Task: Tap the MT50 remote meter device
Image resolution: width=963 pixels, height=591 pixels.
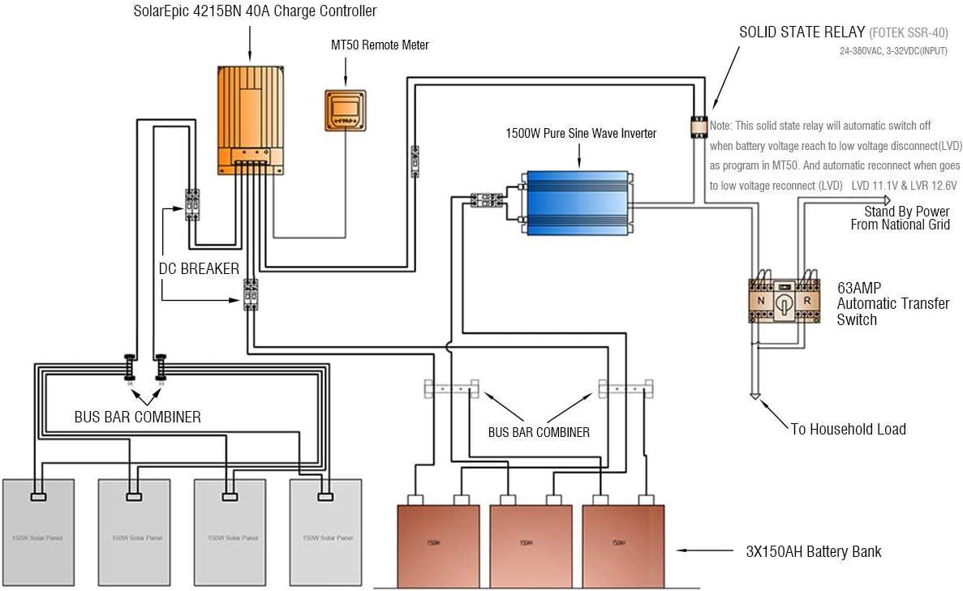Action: pos(346,109)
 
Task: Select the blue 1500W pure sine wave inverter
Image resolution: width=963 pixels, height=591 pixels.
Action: pos(576,203)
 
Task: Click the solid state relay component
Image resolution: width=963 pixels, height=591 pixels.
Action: pos(699,126)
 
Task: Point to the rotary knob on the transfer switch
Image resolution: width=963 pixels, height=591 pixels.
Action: pos(784,302)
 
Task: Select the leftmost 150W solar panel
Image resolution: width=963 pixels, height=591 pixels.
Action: pos(38,532)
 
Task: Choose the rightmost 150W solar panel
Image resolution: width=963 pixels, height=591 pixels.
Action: pos(326,532)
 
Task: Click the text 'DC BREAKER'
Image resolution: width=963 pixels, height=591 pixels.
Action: pos(199,268)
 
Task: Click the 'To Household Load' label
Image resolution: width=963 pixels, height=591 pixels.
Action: pos(848,429)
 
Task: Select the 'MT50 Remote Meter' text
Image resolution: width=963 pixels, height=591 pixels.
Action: pos(380,45)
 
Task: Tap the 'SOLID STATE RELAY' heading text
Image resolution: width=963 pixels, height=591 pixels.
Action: pos(802,33)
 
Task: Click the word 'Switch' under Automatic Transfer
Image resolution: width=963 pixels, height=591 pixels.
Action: pos(857,319)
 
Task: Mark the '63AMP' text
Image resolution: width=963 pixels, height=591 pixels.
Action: pos(859,287)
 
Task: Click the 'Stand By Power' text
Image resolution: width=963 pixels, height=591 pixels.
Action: pos(906,212)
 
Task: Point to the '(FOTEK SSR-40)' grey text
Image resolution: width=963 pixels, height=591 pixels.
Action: pos(909,34)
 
